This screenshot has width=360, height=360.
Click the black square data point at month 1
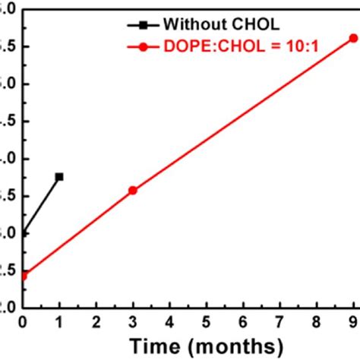coord(59,177)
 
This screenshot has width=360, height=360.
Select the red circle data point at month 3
coord(132,191)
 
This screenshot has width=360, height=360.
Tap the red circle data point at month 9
coord(353,37)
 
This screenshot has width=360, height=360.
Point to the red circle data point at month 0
coord(24,275)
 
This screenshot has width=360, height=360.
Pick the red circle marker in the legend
coord(143,47)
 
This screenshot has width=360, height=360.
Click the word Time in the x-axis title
coord(153,345)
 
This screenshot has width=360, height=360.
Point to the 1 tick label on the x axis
coord(59,321)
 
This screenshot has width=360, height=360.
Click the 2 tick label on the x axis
coord(96,321)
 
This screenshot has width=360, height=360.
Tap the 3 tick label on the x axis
coord(132,321)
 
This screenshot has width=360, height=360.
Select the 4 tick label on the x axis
coord(169,321)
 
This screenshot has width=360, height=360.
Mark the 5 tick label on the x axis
coord(206,321)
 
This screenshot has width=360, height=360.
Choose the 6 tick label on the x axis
coord(243,321)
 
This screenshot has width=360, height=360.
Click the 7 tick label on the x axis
coord(279,321)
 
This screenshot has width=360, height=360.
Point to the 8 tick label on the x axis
coord(317,321)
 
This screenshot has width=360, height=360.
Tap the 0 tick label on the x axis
coord(23,321)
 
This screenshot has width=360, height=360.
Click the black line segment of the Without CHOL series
coord(41,206)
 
